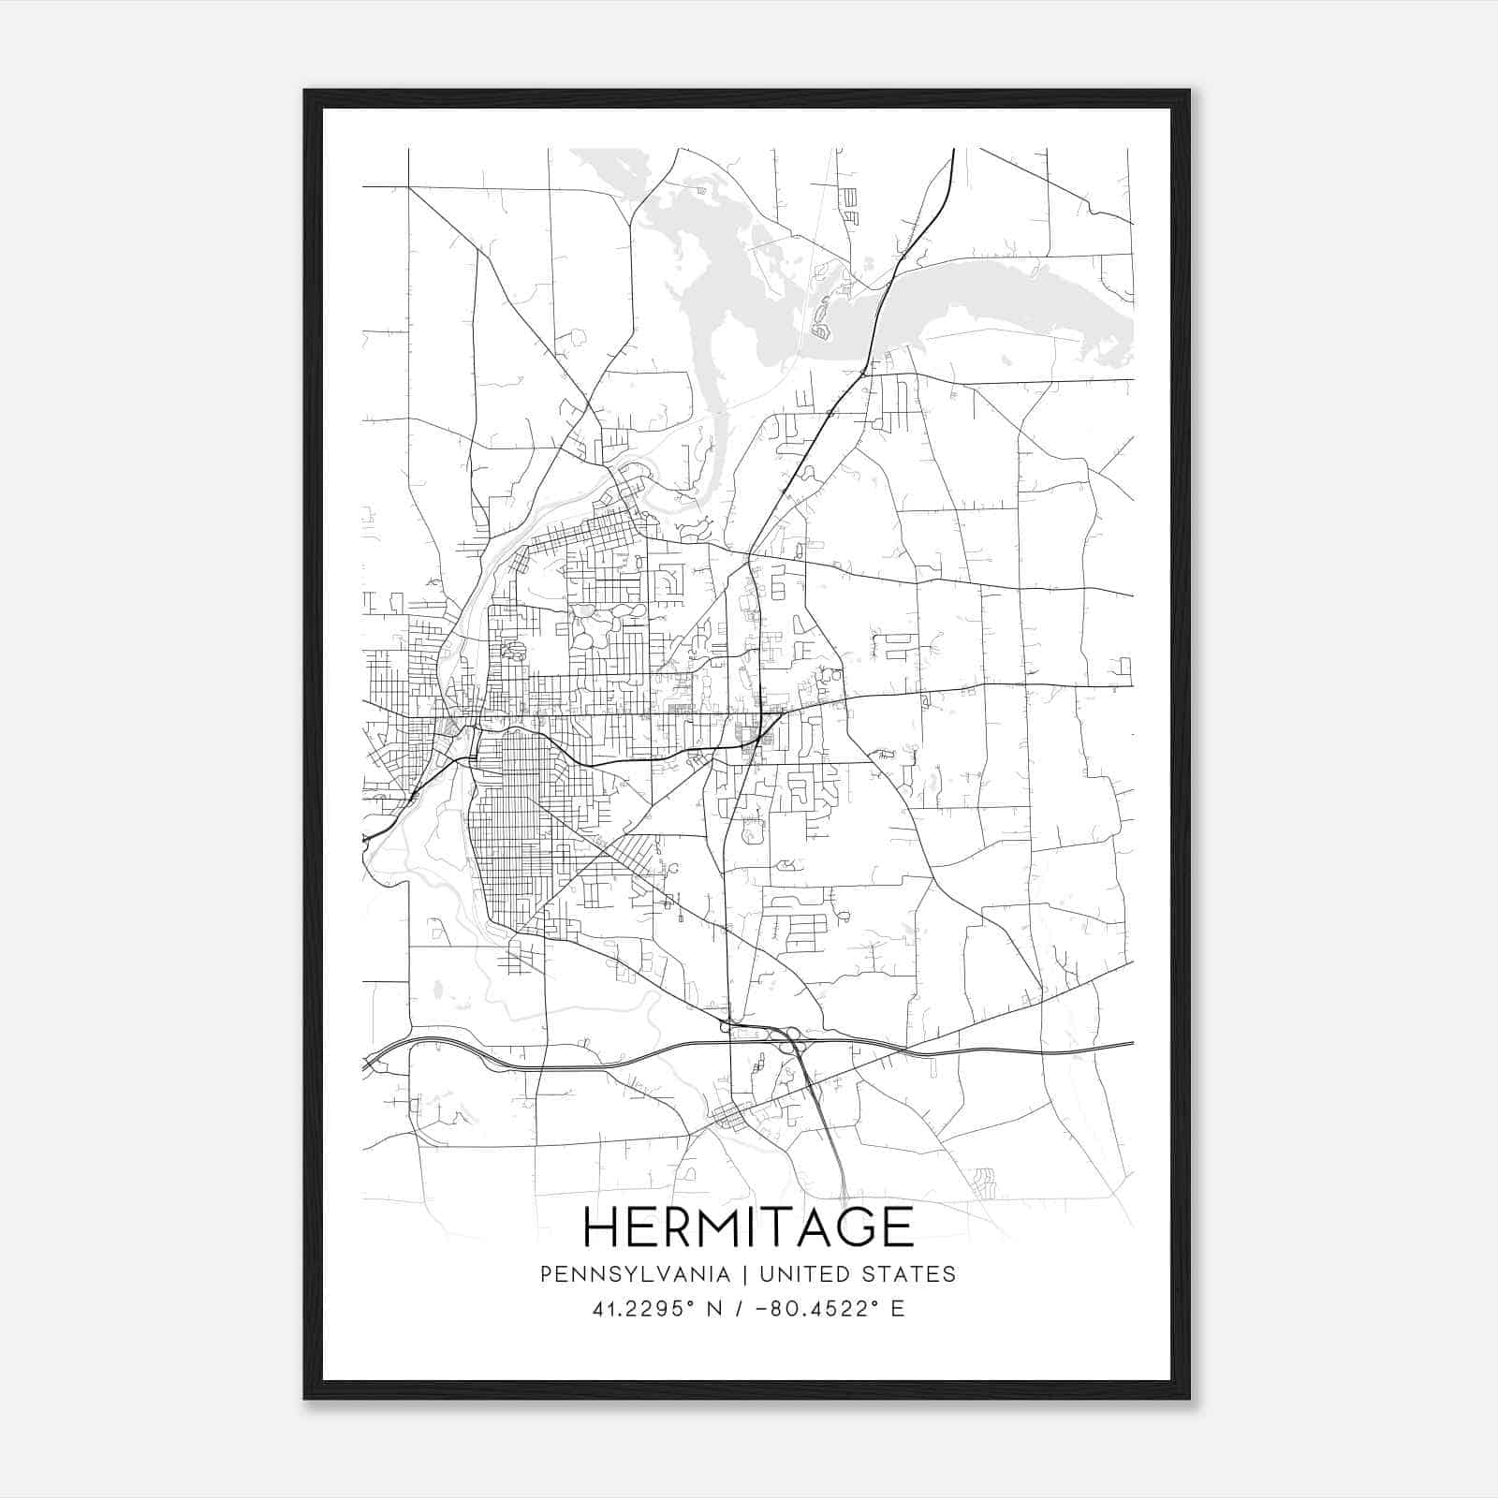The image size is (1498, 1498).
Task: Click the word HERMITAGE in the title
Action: point(748,1226)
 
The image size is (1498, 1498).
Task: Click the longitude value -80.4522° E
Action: point(828,1308)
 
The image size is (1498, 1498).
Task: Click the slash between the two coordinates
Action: point(742,1308)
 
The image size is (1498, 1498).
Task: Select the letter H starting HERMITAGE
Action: point(601,1226)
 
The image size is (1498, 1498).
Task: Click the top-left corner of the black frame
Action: point(306,92)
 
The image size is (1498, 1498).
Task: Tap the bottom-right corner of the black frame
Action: point(1189,1398)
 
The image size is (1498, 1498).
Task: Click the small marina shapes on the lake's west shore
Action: point(821,318)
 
